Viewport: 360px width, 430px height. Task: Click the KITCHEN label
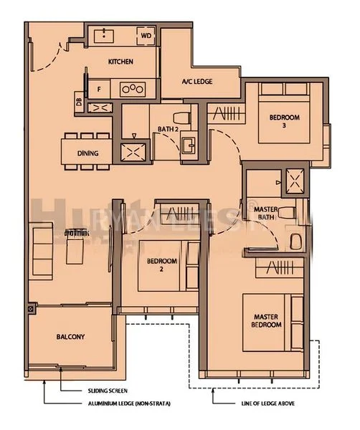pyautogui.click(x=120, y=62)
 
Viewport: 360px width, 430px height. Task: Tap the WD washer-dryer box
pyautogui.click(x=146, y=34)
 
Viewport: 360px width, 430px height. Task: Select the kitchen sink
pyautogui.click(x=105, y=34)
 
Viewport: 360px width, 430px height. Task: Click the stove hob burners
pyautogui.click(x=133, y=89)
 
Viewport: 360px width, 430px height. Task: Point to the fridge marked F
pyautogui.click(x=99, y=89)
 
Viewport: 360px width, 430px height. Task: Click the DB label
pyautogui.click(x=78, y=102)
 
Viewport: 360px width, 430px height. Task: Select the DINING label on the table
pyautogui.click(x=87, y=153)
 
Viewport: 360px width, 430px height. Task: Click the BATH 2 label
pyautogui.click(x=168, y=129)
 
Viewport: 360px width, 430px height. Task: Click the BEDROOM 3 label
pyautogui.click(x=284, y=121)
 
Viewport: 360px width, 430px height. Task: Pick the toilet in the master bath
pyautogui.click(x=290, y=212)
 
